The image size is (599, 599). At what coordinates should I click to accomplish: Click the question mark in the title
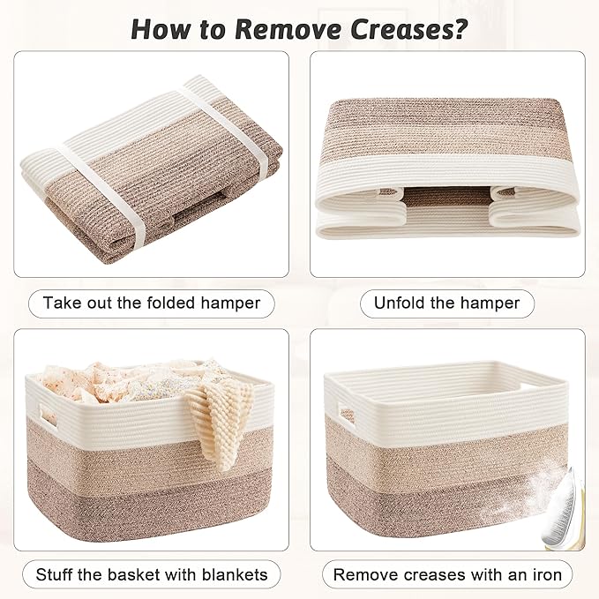460,28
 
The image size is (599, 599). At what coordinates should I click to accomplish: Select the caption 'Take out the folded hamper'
152,303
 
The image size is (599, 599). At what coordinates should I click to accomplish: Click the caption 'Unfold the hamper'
447,303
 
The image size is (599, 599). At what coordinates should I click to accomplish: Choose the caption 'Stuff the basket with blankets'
152,574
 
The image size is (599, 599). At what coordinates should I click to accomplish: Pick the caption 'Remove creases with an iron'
447,574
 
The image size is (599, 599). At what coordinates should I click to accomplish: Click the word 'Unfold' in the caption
402,303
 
